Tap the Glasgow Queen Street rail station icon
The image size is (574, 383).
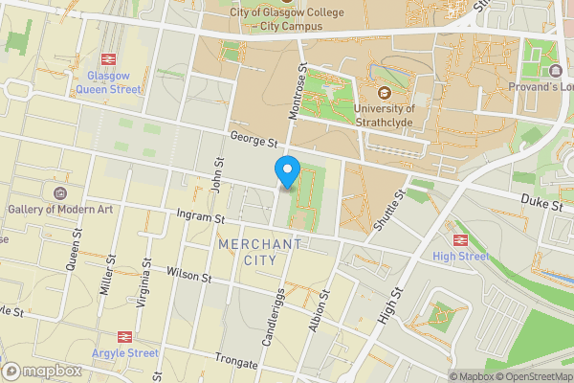[x=106, y=56]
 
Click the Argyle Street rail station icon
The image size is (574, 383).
[x=124, y=336]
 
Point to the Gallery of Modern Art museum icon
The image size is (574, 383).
[x=62, y=191]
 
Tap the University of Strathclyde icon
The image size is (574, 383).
[x=385, y=93]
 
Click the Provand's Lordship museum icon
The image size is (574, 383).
[x=556, y=71]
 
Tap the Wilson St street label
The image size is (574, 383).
[x=188, y=275]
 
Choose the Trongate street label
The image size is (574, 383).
[x=237, y=363]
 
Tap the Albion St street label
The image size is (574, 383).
[x=321, y=313]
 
